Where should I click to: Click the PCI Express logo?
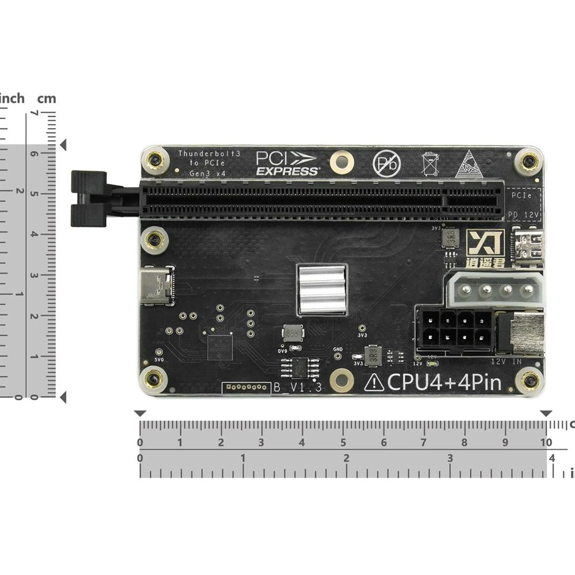pyautogui.click(x=286, y=163)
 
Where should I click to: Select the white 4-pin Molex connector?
pyautogui.click(x=495, y=289)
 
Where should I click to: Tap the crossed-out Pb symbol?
pyautogui.click(x=386, y=163)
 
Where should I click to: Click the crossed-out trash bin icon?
pyautogui.click(x=429, y=164)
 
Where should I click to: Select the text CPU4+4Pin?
pyautogui.click(x=443, y=382)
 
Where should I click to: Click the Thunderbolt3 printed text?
pyautogui.click(x=209, y=154)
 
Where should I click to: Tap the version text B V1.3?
pyautogui.click(x=297, y=388)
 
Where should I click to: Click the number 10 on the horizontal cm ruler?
pyautogui.click(x=546, y=443)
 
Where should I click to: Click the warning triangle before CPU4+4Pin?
pyautogui.click(x=374, y=382)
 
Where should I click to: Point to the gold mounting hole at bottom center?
pyautogui.click(x=342, y=379)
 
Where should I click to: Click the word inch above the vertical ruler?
pyautogui.click(x=12, y=98)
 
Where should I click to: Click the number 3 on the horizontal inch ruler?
pyautogui.click(x=450, y=458)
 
